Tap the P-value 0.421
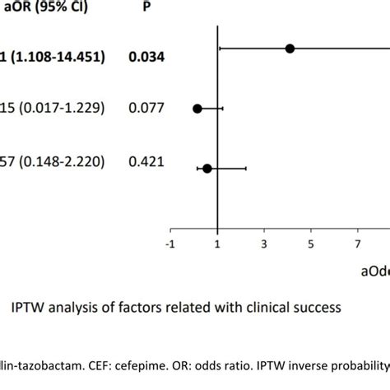[x=145, y=162]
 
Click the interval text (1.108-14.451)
[x=59, y=57]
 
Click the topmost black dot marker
[x=290, y=49]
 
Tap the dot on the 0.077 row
[x=197, y=108]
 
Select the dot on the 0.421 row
[x=207, y=168]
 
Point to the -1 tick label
[x=170, y=244]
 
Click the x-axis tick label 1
[x=217, y=244]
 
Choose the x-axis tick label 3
[x=264, y=244]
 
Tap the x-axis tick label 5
[x=311, y=244]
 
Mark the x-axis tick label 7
[x=358, y=244]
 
